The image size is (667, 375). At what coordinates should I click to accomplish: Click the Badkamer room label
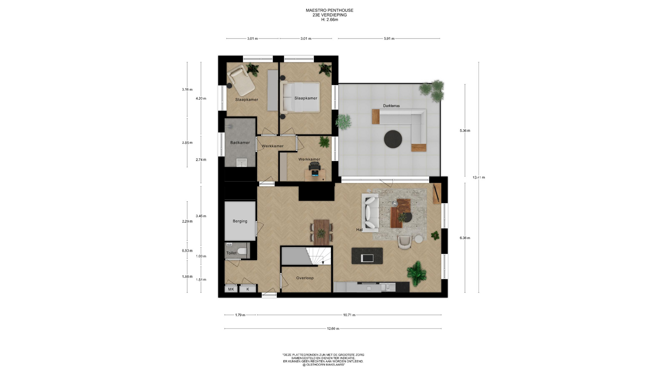pos(240,143)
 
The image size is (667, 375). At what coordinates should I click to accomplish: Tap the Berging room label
pos(240,221)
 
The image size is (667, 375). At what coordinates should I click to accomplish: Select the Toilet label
pos(231,253)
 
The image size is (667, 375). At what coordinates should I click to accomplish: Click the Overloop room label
pos(305,278)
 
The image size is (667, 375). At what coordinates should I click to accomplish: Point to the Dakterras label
pos(392,106)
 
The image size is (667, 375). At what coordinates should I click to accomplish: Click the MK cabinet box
pos(231,289)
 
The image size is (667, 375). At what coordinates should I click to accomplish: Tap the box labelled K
pos(248,289)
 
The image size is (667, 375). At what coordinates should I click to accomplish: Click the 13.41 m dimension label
pos(479,177)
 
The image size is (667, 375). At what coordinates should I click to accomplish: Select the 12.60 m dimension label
pos(333,328)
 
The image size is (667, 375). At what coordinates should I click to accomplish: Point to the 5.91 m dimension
pos(389,39)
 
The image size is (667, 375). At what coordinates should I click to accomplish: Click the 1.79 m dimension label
pos(240,315)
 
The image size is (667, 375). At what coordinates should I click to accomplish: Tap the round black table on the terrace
pos(393,139)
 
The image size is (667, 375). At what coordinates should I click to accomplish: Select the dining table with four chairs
pos(321,232)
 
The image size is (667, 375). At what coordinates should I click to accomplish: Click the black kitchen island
pos(367,256)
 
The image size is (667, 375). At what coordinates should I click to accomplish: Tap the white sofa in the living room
pos(370,213)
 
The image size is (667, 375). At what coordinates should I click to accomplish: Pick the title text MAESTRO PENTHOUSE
pos(330,10)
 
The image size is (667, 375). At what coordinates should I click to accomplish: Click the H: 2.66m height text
pos(330,20)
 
